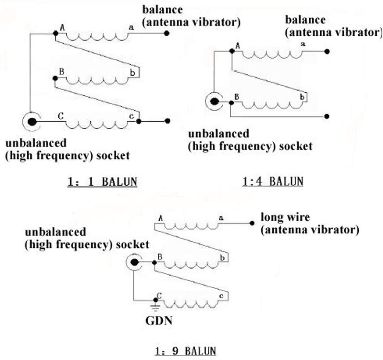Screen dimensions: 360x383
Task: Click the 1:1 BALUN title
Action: pos(102,181)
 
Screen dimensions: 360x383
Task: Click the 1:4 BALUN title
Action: pos(273,181)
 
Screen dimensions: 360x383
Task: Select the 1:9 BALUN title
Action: pos(185,351)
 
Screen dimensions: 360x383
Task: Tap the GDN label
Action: pos(159,321)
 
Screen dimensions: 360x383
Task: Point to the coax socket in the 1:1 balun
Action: pos(32,122)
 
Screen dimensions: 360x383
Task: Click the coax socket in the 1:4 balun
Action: pos(214,102)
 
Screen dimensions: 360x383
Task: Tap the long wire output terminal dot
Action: pos(252,223)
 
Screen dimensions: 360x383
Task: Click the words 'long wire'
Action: pos(285,217)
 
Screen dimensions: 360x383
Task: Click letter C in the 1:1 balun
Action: pos(60,115)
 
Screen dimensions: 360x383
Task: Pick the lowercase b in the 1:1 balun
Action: pos(132,73)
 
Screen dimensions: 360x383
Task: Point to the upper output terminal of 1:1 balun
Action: pos(167,33)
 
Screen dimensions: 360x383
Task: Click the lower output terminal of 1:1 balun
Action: pos(167,121)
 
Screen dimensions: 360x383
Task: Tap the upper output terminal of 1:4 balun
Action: pos(327,51)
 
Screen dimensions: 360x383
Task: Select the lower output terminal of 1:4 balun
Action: pos(327,116)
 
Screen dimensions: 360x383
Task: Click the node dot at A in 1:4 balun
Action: pos(232,51)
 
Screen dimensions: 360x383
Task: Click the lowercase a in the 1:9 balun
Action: pos(221,218)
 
